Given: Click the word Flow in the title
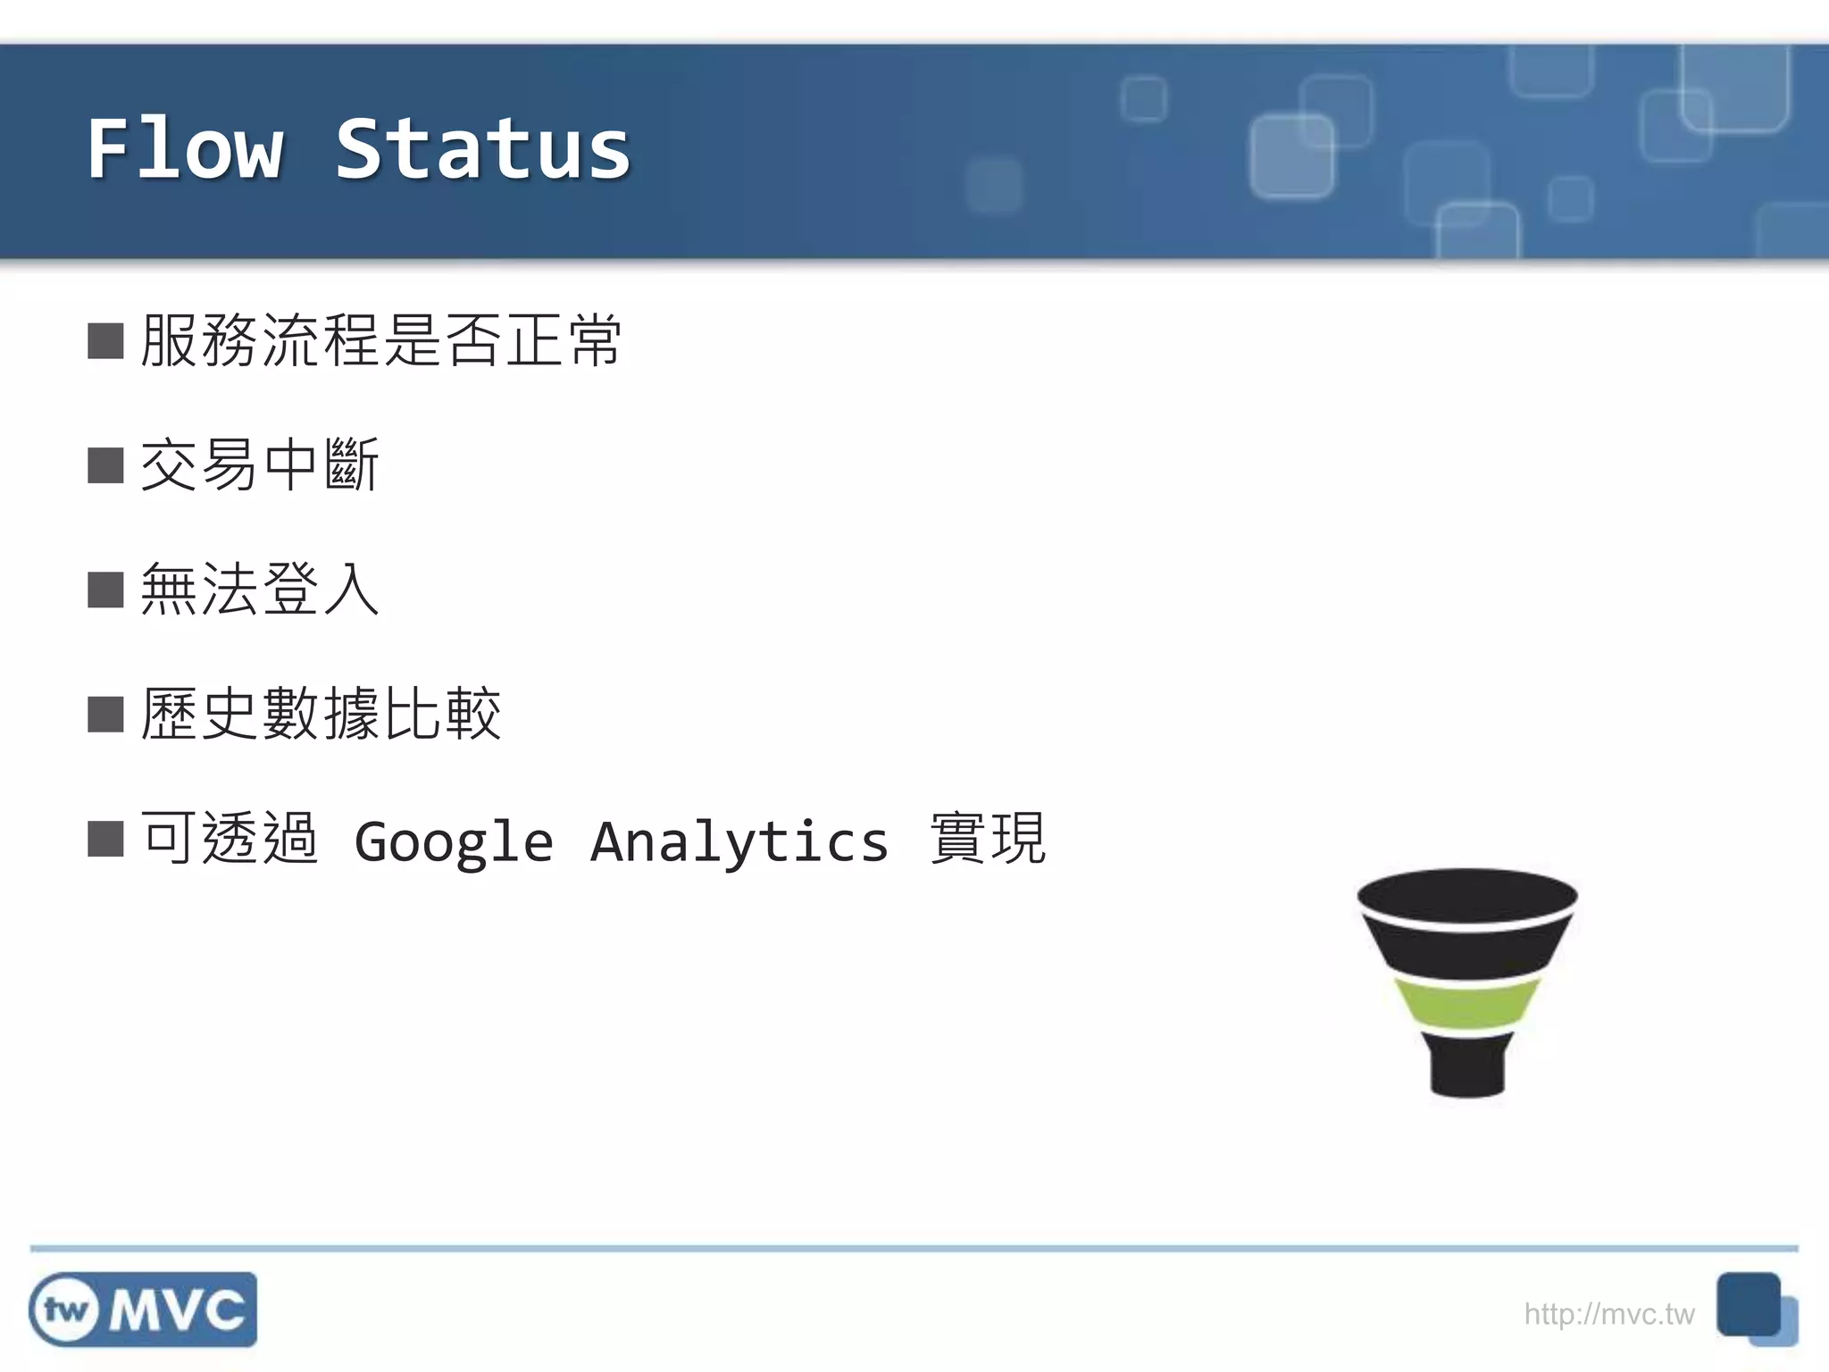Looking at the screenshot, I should tap(186, 150).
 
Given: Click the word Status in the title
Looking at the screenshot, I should tap(483, 150).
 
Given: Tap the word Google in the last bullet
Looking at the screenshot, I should tap(454, 842).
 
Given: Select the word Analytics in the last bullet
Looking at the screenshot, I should tap(739, 842).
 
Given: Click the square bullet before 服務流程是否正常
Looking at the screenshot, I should tap(105, 341).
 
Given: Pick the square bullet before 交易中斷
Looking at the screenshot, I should tap(105, 465).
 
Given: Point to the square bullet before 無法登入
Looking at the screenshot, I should tap(105, 590).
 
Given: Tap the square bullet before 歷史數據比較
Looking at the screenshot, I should tap(105, 715).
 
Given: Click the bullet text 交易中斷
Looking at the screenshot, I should tap(260, 465).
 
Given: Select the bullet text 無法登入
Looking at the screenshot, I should tap(260, 590).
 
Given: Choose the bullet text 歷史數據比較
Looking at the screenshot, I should tap(321, 715).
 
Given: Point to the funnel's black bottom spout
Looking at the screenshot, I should tap(1467, 1067).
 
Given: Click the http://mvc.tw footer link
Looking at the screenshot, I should tap(1608, 1314).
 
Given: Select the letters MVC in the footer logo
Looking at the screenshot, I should tap(177, 1310).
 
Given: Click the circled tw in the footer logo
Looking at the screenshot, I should tap(65, 1310).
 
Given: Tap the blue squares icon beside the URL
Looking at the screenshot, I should tap(1755, 1309).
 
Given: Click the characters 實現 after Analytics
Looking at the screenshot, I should tap(988, 839).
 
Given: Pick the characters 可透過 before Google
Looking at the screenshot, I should tap(230, 839).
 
